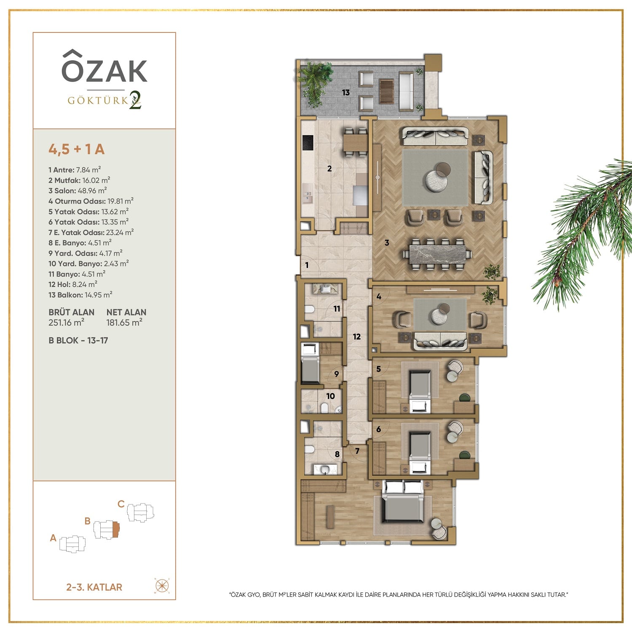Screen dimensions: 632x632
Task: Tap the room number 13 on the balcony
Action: (x=346, y=92)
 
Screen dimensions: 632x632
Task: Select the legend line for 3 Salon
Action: (x=78, y=190)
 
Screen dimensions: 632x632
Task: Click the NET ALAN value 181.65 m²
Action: (x=124, y=323)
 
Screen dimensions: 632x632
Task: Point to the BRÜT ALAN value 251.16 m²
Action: (x=67, y=323)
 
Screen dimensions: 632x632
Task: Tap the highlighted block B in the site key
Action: (x=116, y=529)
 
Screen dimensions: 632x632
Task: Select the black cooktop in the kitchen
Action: (x=308, y=142)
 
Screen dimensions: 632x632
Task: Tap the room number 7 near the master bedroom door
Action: (x=357, y=451)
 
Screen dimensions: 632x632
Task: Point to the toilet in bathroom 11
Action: (x=309, y=310)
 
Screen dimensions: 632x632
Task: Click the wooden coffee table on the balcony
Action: (x=386, y=91)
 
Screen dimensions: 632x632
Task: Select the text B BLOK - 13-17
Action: (x=78, y=340)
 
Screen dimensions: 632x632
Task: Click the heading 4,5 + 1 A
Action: (x=77, y=149)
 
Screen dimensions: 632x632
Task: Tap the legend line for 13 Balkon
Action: (x=80, y=295)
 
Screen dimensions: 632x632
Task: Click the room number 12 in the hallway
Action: (x=357, y=337)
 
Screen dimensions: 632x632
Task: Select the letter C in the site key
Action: (x=121, y=504)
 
